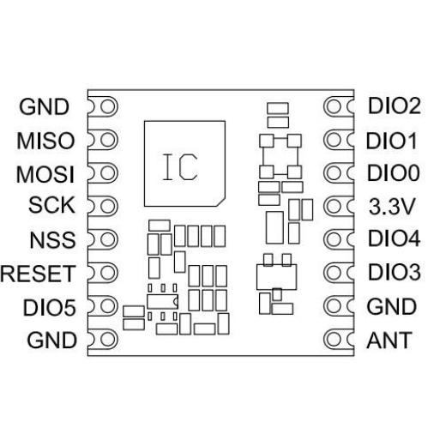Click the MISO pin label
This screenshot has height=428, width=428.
pos(45,141)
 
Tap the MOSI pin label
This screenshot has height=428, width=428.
pos(45,174)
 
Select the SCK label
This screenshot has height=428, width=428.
pos(51,205)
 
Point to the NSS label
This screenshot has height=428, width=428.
pos(53,239)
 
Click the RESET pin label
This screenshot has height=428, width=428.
pos(38,274)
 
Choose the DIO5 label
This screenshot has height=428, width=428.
pos(50,308)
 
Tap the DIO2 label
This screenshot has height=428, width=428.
pos(394,106)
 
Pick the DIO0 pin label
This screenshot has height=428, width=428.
pos(394,172)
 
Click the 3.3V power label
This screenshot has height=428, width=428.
pos(392,207)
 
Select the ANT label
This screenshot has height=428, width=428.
pos(389,340)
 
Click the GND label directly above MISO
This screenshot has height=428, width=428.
pos(45,107)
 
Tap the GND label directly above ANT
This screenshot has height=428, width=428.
pos(391,306)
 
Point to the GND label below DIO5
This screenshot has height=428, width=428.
pos(52,340)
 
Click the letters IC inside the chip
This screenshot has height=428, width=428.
pos(180,167)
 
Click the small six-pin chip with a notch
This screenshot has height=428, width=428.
pos(162,302)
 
